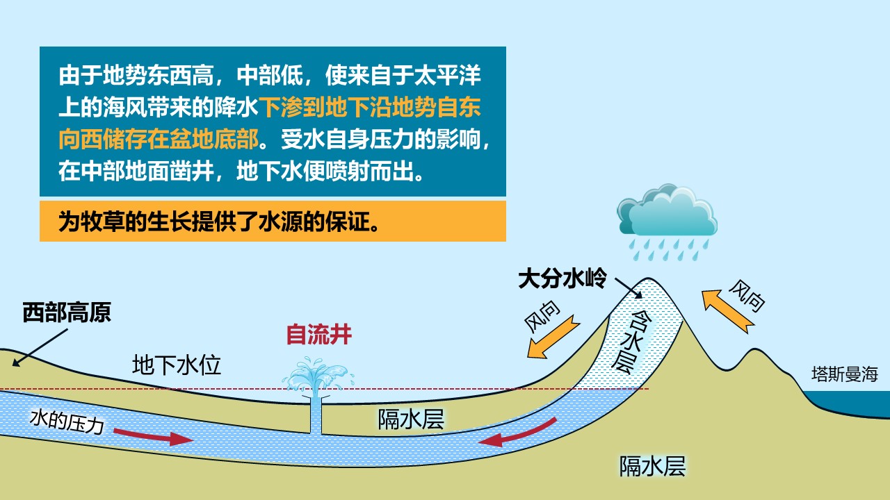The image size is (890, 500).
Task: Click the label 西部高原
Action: (x=67, y=312)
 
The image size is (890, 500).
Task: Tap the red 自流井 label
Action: (x=319, y=335)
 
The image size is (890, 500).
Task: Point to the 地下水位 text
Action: (x=177, y=365)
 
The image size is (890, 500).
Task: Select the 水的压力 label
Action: (x=67, y=422)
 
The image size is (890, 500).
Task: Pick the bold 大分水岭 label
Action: (x=563, y=278)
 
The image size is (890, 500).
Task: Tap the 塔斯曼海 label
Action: (x=844, y=374)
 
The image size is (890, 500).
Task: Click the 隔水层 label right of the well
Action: (x=411, y=419)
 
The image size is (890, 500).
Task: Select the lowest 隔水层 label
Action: (x=653, y=466)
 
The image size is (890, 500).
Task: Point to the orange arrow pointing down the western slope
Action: (x=553, y=337)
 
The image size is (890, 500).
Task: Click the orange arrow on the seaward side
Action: (x=728, y=311)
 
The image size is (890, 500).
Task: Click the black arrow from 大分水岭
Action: (x=628, y=288)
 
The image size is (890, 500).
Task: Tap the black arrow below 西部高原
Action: (x=40, y=347)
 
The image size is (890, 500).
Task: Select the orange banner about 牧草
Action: (x=273, y=221)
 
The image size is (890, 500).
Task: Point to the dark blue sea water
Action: (x=855, y=403)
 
